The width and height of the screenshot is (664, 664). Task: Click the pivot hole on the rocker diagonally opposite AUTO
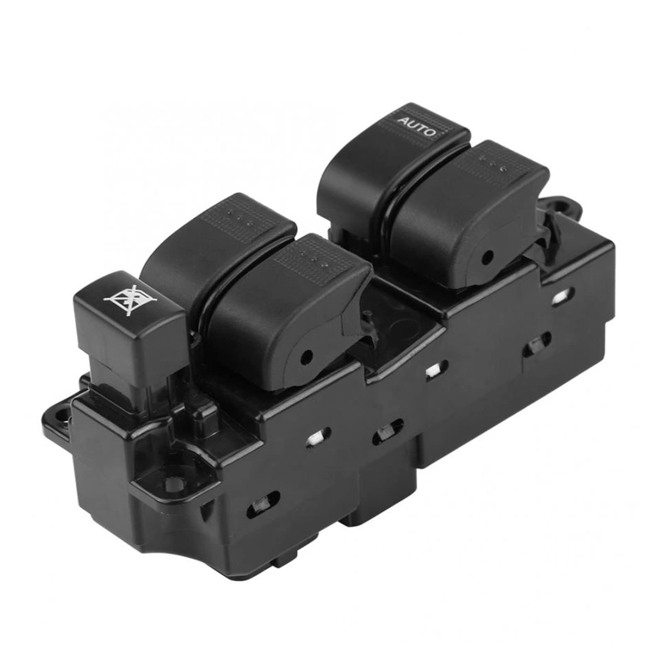[307, 355]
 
